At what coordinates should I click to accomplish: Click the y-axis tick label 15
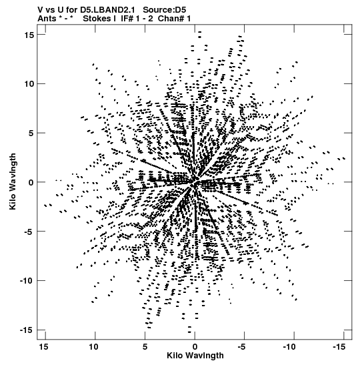click(x=29, y=35)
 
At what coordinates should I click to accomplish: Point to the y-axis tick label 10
click(x=29, y=84)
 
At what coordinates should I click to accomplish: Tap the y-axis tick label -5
click(x=29, y=232)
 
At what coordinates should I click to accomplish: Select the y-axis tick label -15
click(x=27, y=330)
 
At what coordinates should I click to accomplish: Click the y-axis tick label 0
click(x=31, y=182)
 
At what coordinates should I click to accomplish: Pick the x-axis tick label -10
click(x=289, y=347)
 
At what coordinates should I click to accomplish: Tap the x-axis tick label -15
click(x=339, y=347)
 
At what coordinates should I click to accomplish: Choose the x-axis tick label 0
click(x=195, y=347)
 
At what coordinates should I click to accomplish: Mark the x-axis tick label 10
click(x=94, y=347)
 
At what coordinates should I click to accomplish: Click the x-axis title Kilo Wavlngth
click(x=195, y=356)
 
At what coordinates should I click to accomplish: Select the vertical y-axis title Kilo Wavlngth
click(x=13, y=181)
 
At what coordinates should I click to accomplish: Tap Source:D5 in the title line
click(x=165, y=10)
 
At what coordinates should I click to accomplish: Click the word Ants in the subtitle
click(x=47, y=19)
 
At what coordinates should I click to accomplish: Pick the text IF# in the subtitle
click(x=127, y=19)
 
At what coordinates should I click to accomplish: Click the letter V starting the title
click(x=40, y=10)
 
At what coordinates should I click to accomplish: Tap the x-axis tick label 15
click(x=44, y=347)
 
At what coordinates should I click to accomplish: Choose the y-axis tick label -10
click(x=27, y=281)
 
